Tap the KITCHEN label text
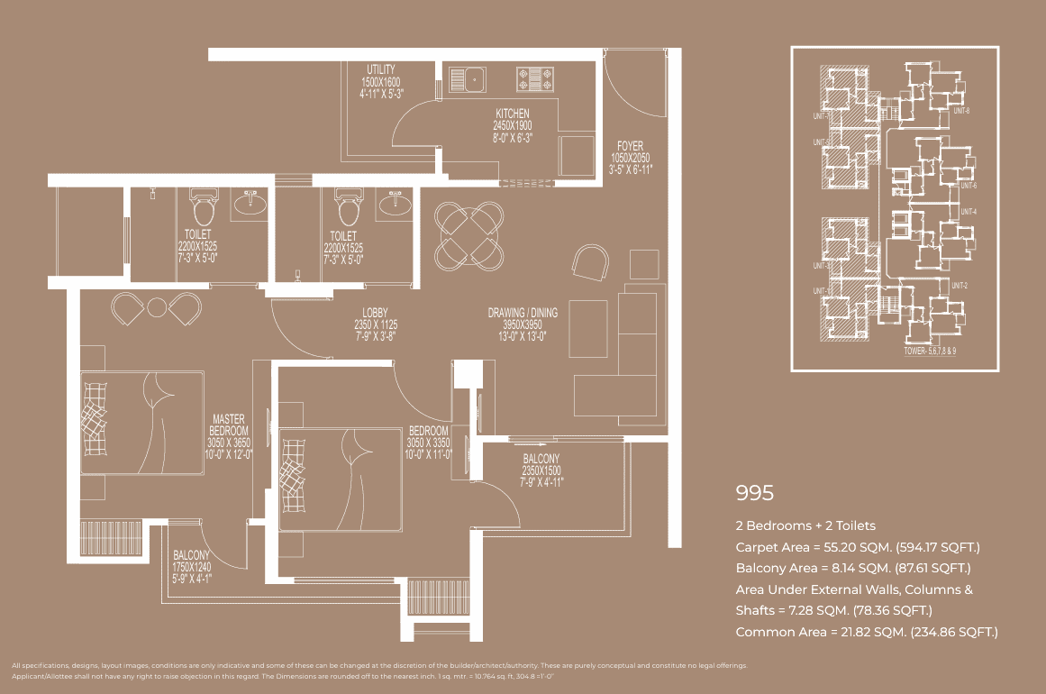(513, 114)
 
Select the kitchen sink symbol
(468, 78)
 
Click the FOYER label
(629, 146)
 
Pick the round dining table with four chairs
(468, 236)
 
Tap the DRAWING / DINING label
(523, 313)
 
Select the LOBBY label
(376, 313)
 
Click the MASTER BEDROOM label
(229, 425)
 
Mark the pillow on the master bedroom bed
(95, 419)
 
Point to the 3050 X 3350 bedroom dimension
(428, 443)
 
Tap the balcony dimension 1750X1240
(191, 568)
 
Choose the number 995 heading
(755, 493)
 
